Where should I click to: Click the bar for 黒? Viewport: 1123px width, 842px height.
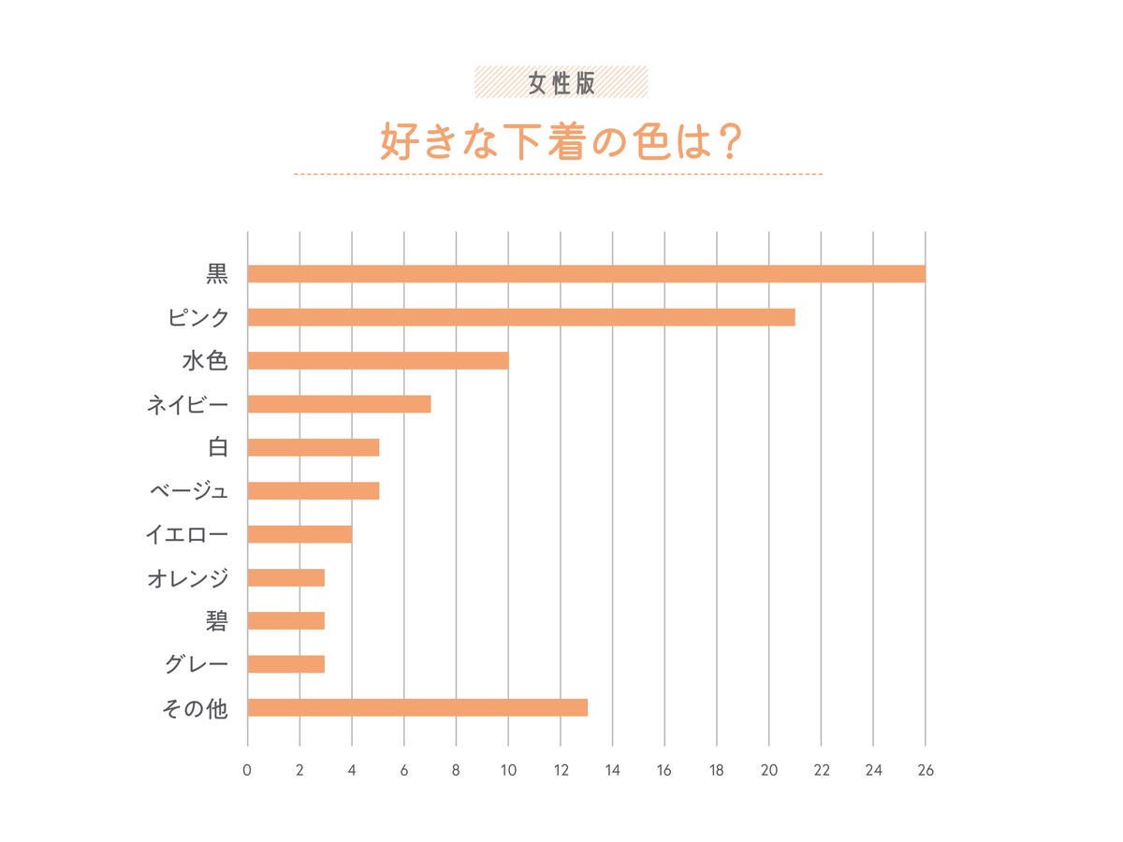tap(586, 274)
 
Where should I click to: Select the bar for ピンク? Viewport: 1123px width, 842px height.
tap(521, 317)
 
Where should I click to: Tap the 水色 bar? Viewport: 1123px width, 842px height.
tap(378, 361)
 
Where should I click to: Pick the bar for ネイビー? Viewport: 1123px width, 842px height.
tap(339, 404)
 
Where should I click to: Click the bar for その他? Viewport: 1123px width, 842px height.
tap(417, 707)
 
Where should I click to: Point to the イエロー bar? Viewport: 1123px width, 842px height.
tap(299, 534)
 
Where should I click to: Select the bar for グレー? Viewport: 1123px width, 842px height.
tap(286, 664)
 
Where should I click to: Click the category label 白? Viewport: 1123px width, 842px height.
tap(218, 447)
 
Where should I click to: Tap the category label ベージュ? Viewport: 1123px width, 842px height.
tap(189, 491)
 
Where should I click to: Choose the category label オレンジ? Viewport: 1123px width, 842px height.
tap(187, 578)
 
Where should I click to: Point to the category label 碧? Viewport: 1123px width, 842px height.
tap(216, 621)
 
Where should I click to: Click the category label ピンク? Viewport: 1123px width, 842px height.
tap(197, 318)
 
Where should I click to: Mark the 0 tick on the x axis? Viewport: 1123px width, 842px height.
tap(247, 771)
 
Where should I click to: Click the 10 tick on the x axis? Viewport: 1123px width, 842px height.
tap(508, 771)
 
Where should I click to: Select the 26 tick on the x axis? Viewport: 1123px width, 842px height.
tap(926, 771)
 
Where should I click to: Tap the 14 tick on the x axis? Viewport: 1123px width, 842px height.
tap(612, 771)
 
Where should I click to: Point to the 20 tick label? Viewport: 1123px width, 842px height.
tap(768, 771)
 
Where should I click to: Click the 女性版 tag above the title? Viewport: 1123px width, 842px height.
tap(561, 82)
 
